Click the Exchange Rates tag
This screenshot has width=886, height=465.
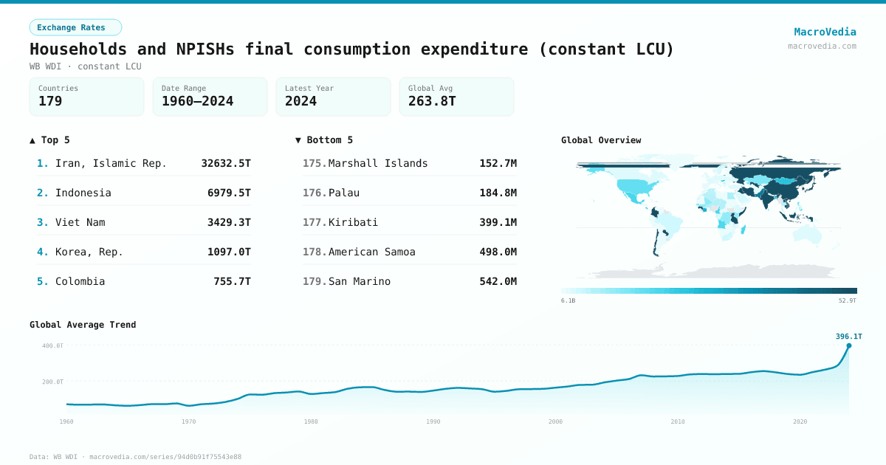click(75, 27)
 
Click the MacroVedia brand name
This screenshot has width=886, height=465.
click(825, 32)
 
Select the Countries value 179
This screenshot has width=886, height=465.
click(50, 101)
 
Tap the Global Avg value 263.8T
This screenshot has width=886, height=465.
click(432, 101)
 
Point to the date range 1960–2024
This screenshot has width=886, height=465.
click(197, 101)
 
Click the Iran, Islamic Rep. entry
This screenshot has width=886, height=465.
click(111, 163)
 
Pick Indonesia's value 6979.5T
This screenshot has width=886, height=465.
click(229, 193)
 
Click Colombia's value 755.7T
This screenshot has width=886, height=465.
click(229, 281)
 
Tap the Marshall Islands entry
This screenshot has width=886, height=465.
click(378, 163)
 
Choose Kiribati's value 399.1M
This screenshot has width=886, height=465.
click(498, 222)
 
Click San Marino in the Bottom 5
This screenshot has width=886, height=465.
click(360, 281)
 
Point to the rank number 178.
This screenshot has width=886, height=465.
click(314, 252)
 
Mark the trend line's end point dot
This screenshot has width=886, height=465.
click(848, 345)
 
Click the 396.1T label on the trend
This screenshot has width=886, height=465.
click(848, 337)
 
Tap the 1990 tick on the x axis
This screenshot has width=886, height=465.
click(433, 421)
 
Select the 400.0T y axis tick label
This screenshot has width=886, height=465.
click(52, 345)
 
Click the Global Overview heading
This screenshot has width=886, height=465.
click(601, 140)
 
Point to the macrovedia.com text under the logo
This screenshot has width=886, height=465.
click(822, 46)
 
